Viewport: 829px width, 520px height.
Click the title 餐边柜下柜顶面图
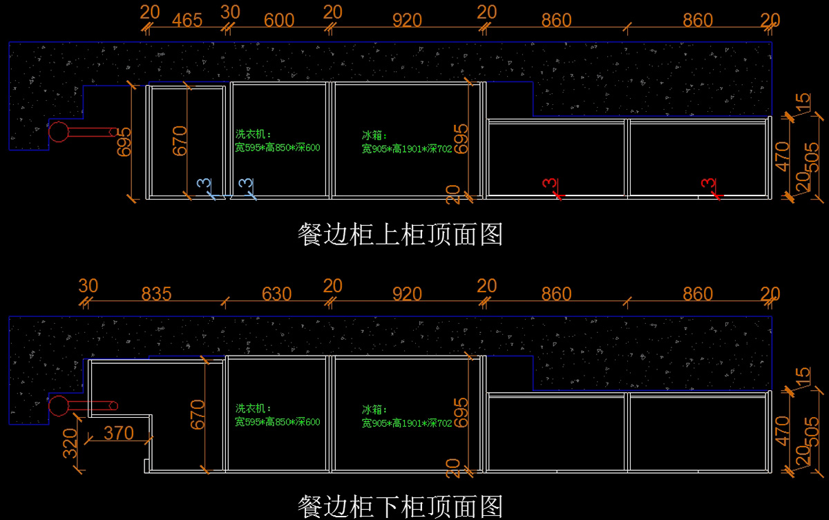click(400, 506)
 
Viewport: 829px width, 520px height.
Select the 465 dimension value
click(187, 21)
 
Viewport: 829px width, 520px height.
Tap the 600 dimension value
click(279, 21)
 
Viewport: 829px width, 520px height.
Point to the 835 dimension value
click(156, 294)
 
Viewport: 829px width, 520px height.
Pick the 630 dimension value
click(277, 294)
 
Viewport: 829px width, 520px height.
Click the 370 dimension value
click(118, 434)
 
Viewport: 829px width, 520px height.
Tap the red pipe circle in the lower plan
click(58, 405)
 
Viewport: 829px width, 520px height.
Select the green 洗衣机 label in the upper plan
click(254, 135)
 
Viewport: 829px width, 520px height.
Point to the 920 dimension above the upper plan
click(407, 21)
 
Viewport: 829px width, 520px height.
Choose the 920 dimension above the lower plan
click(407, 294)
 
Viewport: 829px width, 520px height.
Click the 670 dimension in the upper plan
click(180, 141)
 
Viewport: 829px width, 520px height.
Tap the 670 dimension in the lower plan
click(198, 415)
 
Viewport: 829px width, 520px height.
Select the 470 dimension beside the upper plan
click(783, 156)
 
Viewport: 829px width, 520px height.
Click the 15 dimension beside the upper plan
click(802, 102)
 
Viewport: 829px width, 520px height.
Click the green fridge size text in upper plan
click(407, 148)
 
